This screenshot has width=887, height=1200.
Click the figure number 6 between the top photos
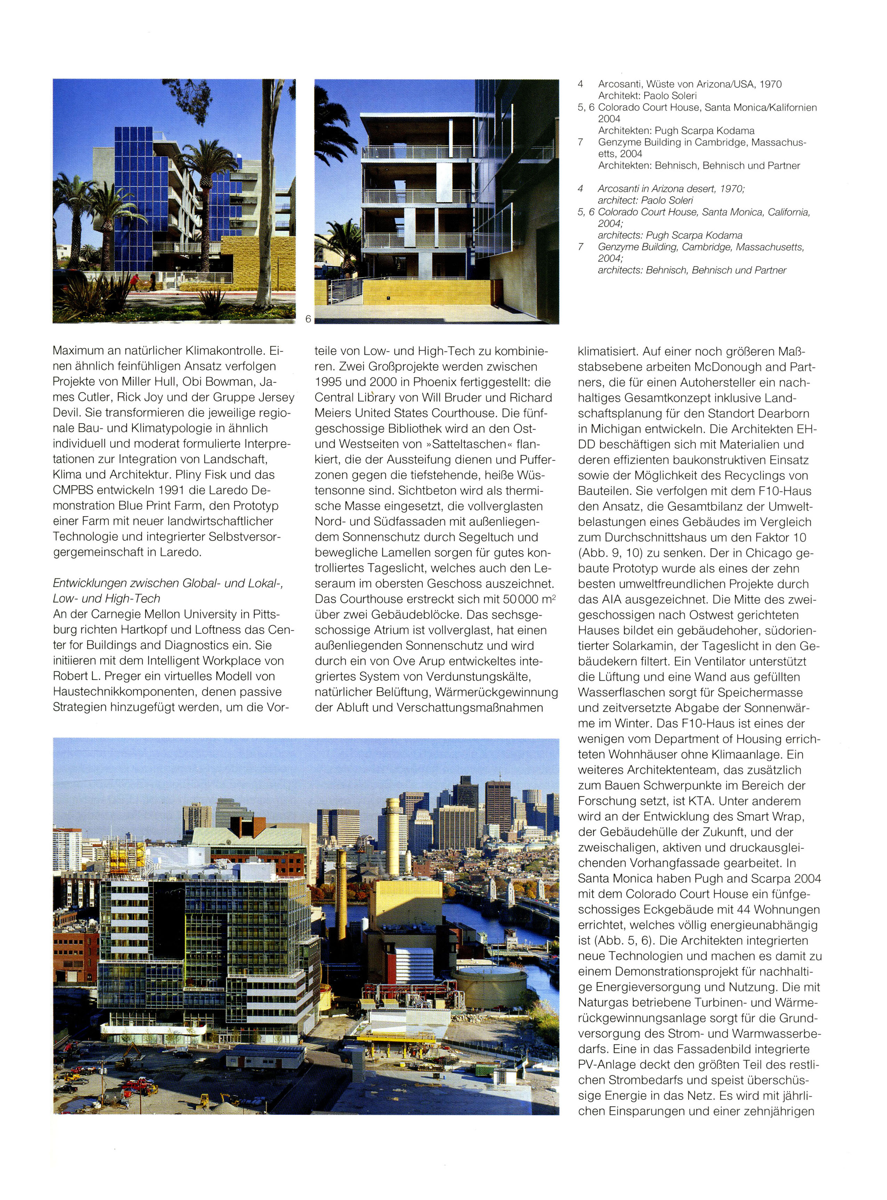point(308,318)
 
